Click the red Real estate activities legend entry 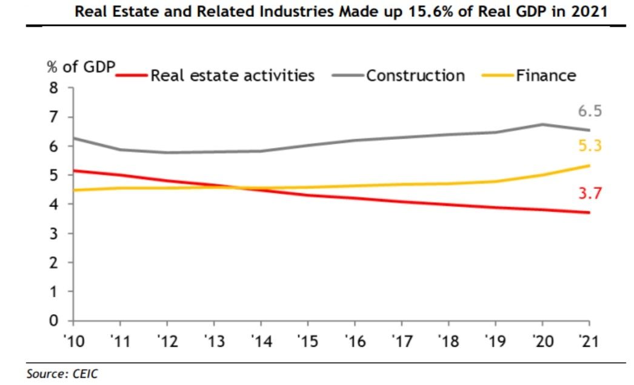click(215, 76)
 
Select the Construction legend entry click(398, 76)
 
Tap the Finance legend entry click(529, 76)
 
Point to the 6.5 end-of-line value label click(590, 111)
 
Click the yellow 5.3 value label click(590, 145)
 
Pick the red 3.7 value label click(590, 193)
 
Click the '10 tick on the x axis click(74, 341)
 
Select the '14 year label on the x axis click(262, 341)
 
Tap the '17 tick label click(402, 341)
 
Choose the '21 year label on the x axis click(589, 341)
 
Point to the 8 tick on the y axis click(54, 88)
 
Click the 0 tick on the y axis click(54, 321)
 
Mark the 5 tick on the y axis click(54, 175)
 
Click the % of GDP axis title click(81, 67)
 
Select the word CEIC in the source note click(85, 373)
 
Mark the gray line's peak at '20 click(542, 125)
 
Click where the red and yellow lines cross click(238, 188)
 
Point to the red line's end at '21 click(589, 212)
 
